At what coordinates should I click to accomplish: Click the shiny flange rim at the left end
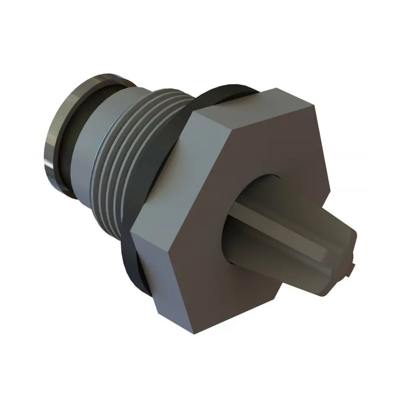[x=57, y=138]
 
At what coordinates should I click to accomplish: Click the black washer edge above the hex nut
[x=222, y=90]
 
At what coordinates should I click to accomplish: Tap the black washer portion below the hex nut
[x=134, y=268]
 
